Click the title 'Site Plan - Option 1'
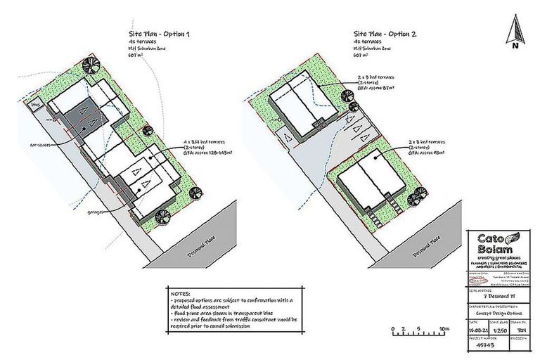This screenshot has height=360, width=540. [x=158, y=34]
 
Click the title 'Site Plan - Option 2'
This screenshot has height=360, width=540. [x=384, y=34]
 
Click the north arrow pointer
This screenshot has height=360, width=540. [x=515, y=28]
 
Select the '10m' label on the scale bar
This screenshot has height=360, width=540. [x=443, y=328]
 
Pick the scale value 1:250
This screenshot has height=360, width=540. [x=500, y=328]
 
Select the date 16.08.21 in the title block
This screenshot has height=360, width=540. [x=477, y=328]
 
